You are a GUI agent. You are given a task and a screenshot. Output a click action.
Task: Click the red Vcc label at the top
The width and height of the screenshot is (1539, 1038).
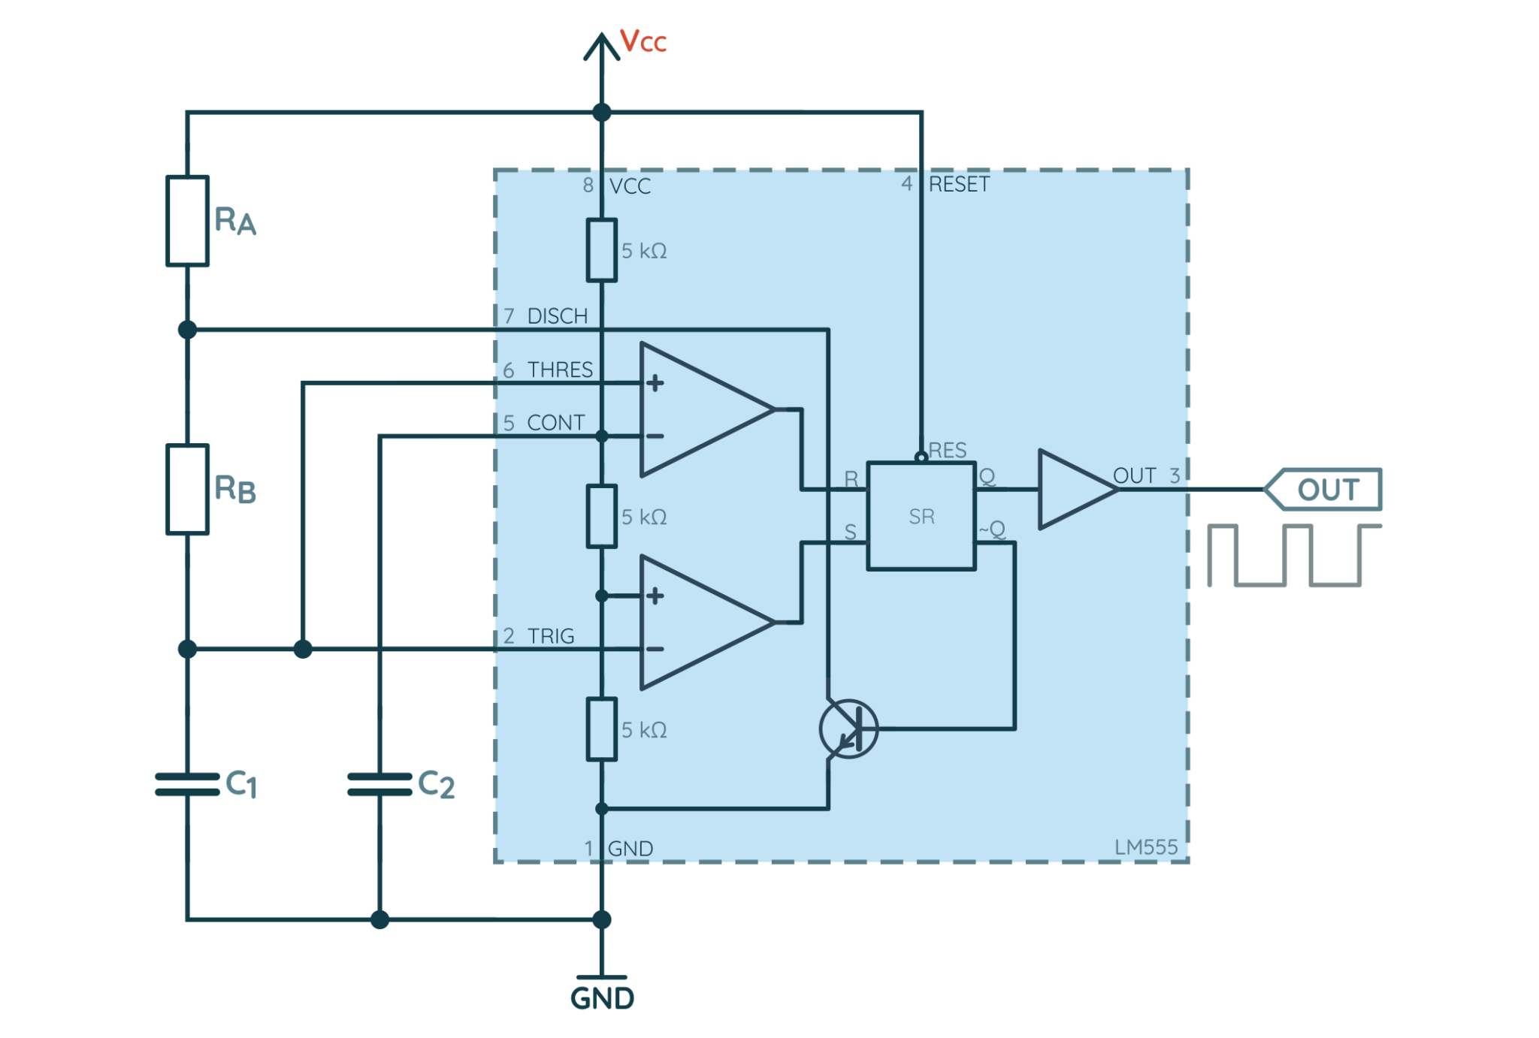[643, 41]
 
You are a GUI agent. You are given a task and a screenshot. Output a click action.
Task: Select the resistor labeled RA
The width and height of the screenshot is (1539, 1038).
[187, 221]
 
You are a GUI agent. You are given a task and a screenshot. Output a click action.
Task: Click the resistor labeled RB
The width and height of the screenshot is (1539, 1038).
[187, 489]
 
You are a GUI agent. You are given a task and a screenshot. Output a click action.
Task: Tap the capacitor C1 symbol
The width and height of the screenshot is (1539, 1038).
[187, 783]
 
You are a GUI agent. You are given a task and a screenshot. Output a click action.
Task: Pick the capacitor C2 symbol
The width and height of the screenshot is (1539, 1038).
[379, 783]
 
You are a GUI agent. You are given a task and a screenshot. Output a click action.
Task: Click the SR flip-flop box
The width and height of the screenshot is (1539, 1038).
[921, 516]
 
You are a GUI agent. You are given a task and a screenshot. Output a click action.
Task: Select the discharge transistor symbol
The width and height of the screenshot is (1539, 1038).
[848, 729]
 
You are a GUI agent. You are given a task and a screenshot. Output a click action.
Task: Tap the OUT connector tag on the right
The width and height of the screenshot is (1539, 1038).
[1326, 489]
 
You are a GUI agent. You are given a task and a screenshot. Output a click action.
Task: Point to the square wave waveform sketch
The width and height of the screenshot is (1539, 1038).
[1294, 555]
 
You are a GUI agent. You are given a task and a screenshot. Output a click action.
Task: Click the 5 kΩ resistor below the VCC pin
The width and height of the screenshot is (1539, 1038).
[601, 250]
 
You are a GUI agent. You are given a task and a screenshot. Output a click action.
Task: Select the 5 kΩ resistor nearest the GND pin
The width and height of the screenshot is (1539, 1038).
[601, 729]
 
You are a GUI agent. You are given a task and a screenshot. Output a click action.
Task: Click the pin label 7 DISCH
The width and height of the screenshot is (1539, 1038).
[546, 316]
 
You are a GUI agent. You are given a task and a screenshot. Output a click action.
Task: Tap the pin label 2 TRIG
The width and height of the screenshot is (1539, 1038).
[539, 636]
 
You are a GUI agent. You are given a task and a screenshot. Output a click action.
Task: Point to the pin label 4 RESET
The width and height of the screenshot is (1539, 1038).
[946, 184]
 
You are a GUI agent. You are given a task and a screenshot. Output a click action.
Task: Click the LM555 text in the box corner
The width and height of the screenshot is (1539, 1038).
[1145, 847]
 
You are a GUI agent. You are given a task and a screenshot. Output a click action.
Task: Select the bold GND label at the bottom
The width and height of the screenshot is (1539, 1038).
[602, 998]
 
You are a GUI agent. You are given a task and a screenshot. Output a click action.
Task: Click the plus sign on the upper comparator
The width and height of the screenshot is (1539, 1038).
[655, 383]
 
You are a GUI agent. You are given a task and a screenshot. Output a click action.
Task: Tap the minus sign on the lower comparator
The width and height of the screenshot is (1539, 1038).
[655, 649]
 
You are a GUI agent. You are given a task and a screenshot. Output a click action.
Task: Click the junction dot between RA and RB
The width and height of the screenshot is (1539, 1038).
[187, 329]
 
